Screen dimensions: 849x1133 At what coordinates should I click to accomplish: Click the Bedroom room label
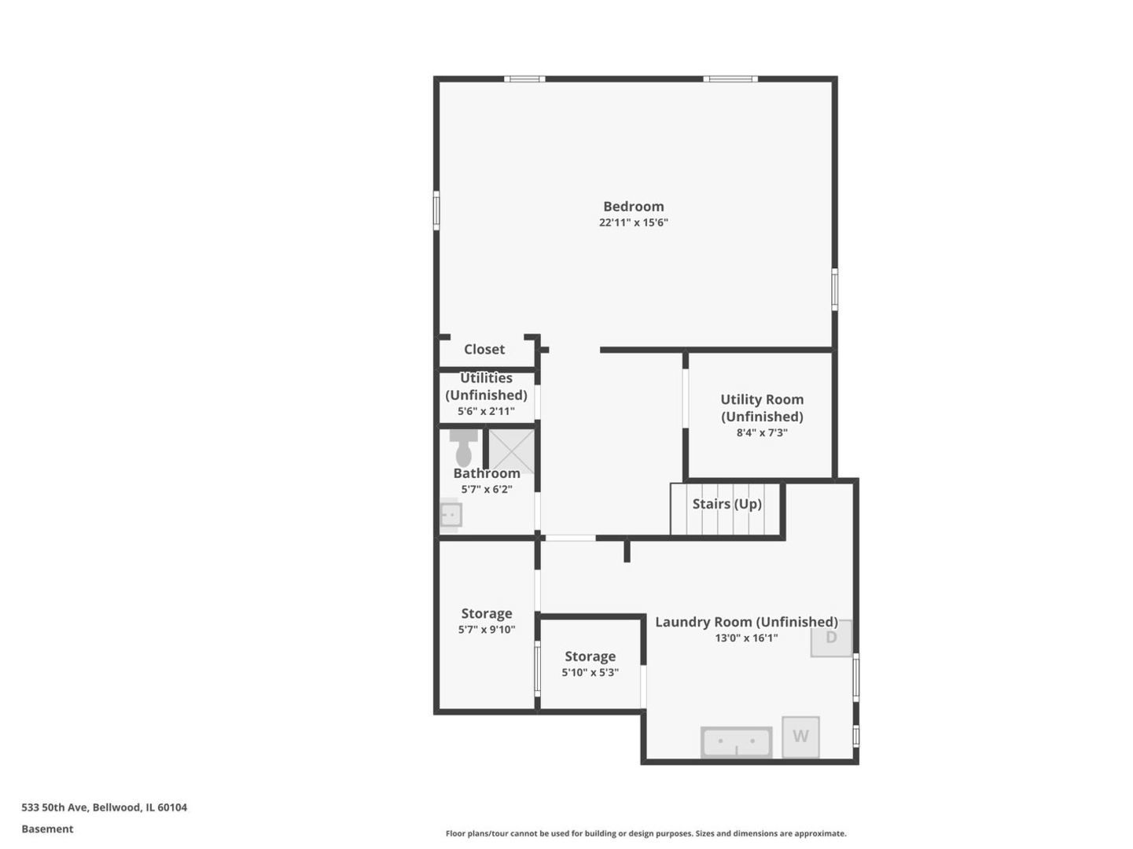[x=633, y=207]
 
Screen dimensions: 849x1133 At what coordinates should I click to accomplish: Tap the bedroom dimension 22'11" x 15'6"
[x=633, y=222]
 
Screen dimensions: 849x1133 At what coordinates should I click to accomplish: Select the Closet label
[x=484, y=349]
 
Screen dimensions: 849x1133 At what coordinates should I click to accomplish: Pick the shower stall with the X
[x=512, y=451]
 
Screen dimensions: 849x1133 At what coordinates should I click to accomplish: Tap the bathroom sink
[x=451, y=515]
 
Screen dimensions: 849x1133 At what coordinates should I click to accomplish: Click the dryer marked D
[x=831, y=638]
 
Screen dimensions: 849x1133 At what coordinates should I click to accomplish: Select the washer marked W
[x=800, y=737]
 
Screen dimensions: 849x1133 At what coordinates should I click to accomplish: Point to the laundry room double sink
[x=736, y=741]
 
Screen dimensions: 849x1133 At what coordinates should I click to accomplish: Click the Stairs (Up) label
[x=727, y=504]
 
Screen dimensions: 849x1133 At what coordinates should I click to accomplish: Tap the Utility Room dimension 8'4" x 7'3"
[x=762, y=432]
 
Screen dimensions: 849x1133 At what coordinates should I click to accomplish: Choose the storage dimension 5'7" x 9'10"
[x=487, y=630]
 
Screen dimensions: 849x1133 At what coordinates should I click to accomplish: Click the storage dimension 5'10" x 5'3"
[x=590, y=673]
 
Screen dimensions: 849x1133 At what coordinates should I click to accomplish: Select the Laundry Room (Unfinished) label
[x=745, y=622]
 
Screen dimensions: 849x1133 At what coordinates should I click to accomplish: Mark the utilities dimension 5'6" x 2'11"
[x=486, y=411]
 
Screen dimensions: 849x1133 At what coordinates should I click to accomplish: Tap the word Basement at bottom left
[x=47, y=829]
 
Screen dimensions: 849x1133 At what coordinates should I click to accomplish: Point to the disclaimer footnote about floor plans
[x=646, y=833]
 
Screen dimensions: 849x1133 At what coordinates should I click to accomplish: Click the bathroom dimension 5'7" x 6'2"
[x=487, y=489]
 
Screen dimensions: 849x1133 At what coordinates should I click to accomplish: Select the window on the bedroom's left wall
[x=436, y=211]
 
